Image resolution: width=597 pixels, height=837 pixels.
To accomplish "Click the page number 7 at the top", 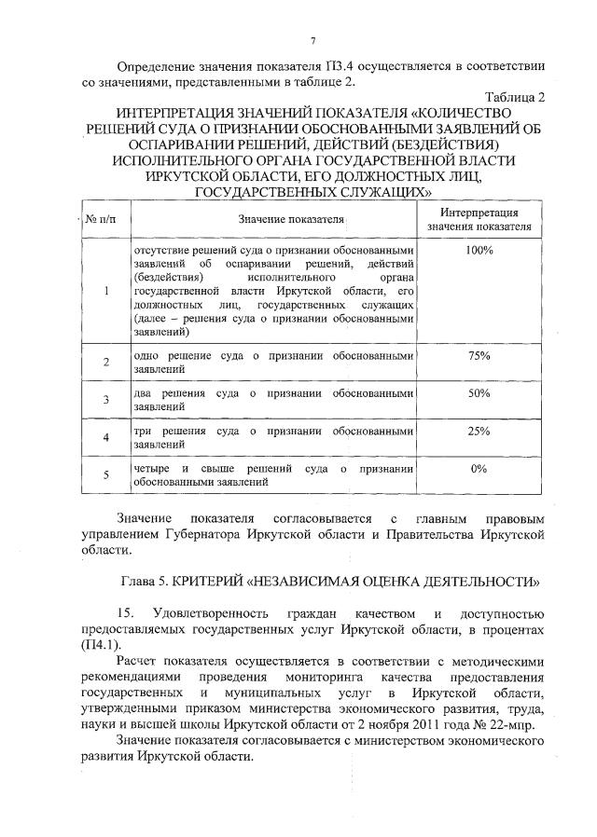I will click(x=314, y=40).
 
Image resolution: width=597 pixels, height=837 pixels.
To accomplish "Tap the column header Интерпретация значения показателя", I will click(x=479, y=220).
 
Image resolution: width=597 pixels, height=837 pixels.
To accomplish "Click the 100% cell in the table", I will click(x=479, y=251).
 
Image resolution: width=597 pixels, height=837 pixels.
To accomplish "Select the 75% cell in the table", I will click(x=479, y=356).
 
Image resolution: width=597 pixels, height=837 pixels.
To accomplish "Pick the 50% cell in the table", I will click(x=479, y=394).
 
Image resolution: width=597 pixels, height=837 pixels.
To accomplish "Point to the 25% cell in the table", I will click(x=479, y=432).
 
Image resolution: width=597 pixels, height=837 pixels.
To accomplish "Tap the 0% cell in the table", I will click(x=479, y=469).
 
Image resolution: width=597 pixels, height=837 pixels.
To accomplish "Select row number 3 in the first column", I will click(x=107, y=401).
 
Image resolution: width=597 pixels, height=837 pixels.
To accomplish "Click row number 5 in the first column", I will click(x=107, y=475).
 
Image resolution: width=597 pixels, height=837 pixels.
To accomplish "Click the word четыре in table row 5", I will click(x=152, y=469).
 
